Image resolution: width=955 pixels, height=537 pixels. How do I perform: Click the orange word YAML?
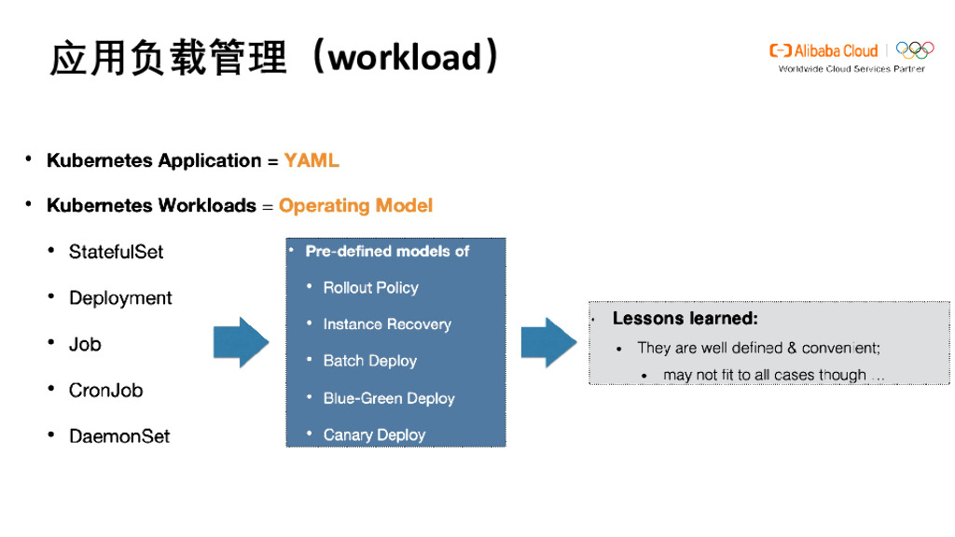pyautogui.click(x=311, y=161)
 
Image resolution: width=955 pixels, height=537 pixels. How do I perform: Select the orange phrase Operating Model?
pyautogui.click(x=355, y=206)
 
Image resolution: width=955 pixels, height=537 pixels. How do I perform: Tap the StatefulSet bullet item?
pyautogui.click(x=116, y=252)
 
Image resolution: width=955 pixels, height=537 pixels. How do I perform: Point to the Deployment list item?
pyautogui.click(x=120, y=298)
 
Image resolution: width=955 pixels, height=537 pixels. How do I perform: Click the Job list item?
pyautogui.click(x=85, y=344)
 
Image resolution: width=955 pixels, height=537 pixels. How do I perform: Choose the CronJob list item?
pyautogui.click(x=105, y=391)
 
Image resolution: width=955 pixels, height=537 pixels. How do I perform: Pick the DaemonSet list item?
pyautogui.click(x=119, y=436)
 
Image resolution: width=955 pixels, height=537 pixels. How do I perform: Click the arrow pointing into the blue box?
pyautogui.click(x=241, y=343)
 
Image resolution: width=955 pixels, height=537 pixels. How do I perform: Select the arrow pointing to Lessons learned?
pyautogui.click(x=547, y=343)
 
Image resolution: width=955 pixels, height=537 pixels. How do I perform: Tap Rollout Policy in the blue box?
pyautogui.click(x=370, y=288)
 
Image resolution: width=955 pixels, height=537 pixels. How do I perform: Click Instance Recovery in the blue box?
pyautogui.click(x=386, y=324)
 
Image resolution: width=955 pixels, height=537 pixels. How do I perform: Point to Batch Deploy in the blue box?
pyautogui.click(x=369, y=361)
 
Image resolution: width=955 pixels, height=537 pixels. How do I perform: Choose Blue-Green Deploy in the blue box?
pyautogui.click(x=388, y=398)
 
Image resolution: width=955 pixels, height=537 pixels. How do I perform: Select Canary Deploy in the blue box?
pyautogui.click(x=374, y=434)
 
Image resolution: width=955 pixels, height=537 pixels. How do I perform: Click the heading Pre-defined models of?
pyautogui.click(x=386, y=252)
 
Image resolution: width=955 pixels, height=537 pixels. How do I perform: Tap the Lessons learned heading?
pyautogui.click(x=685, y=319)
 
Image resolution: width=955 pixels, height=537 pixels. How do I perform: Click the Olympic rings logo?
pyautogui.click(x=915, y=50)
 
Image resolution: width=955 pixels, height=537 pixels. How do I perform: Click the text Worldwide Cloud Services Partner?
pyautogui.click(x=851, y=69)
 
